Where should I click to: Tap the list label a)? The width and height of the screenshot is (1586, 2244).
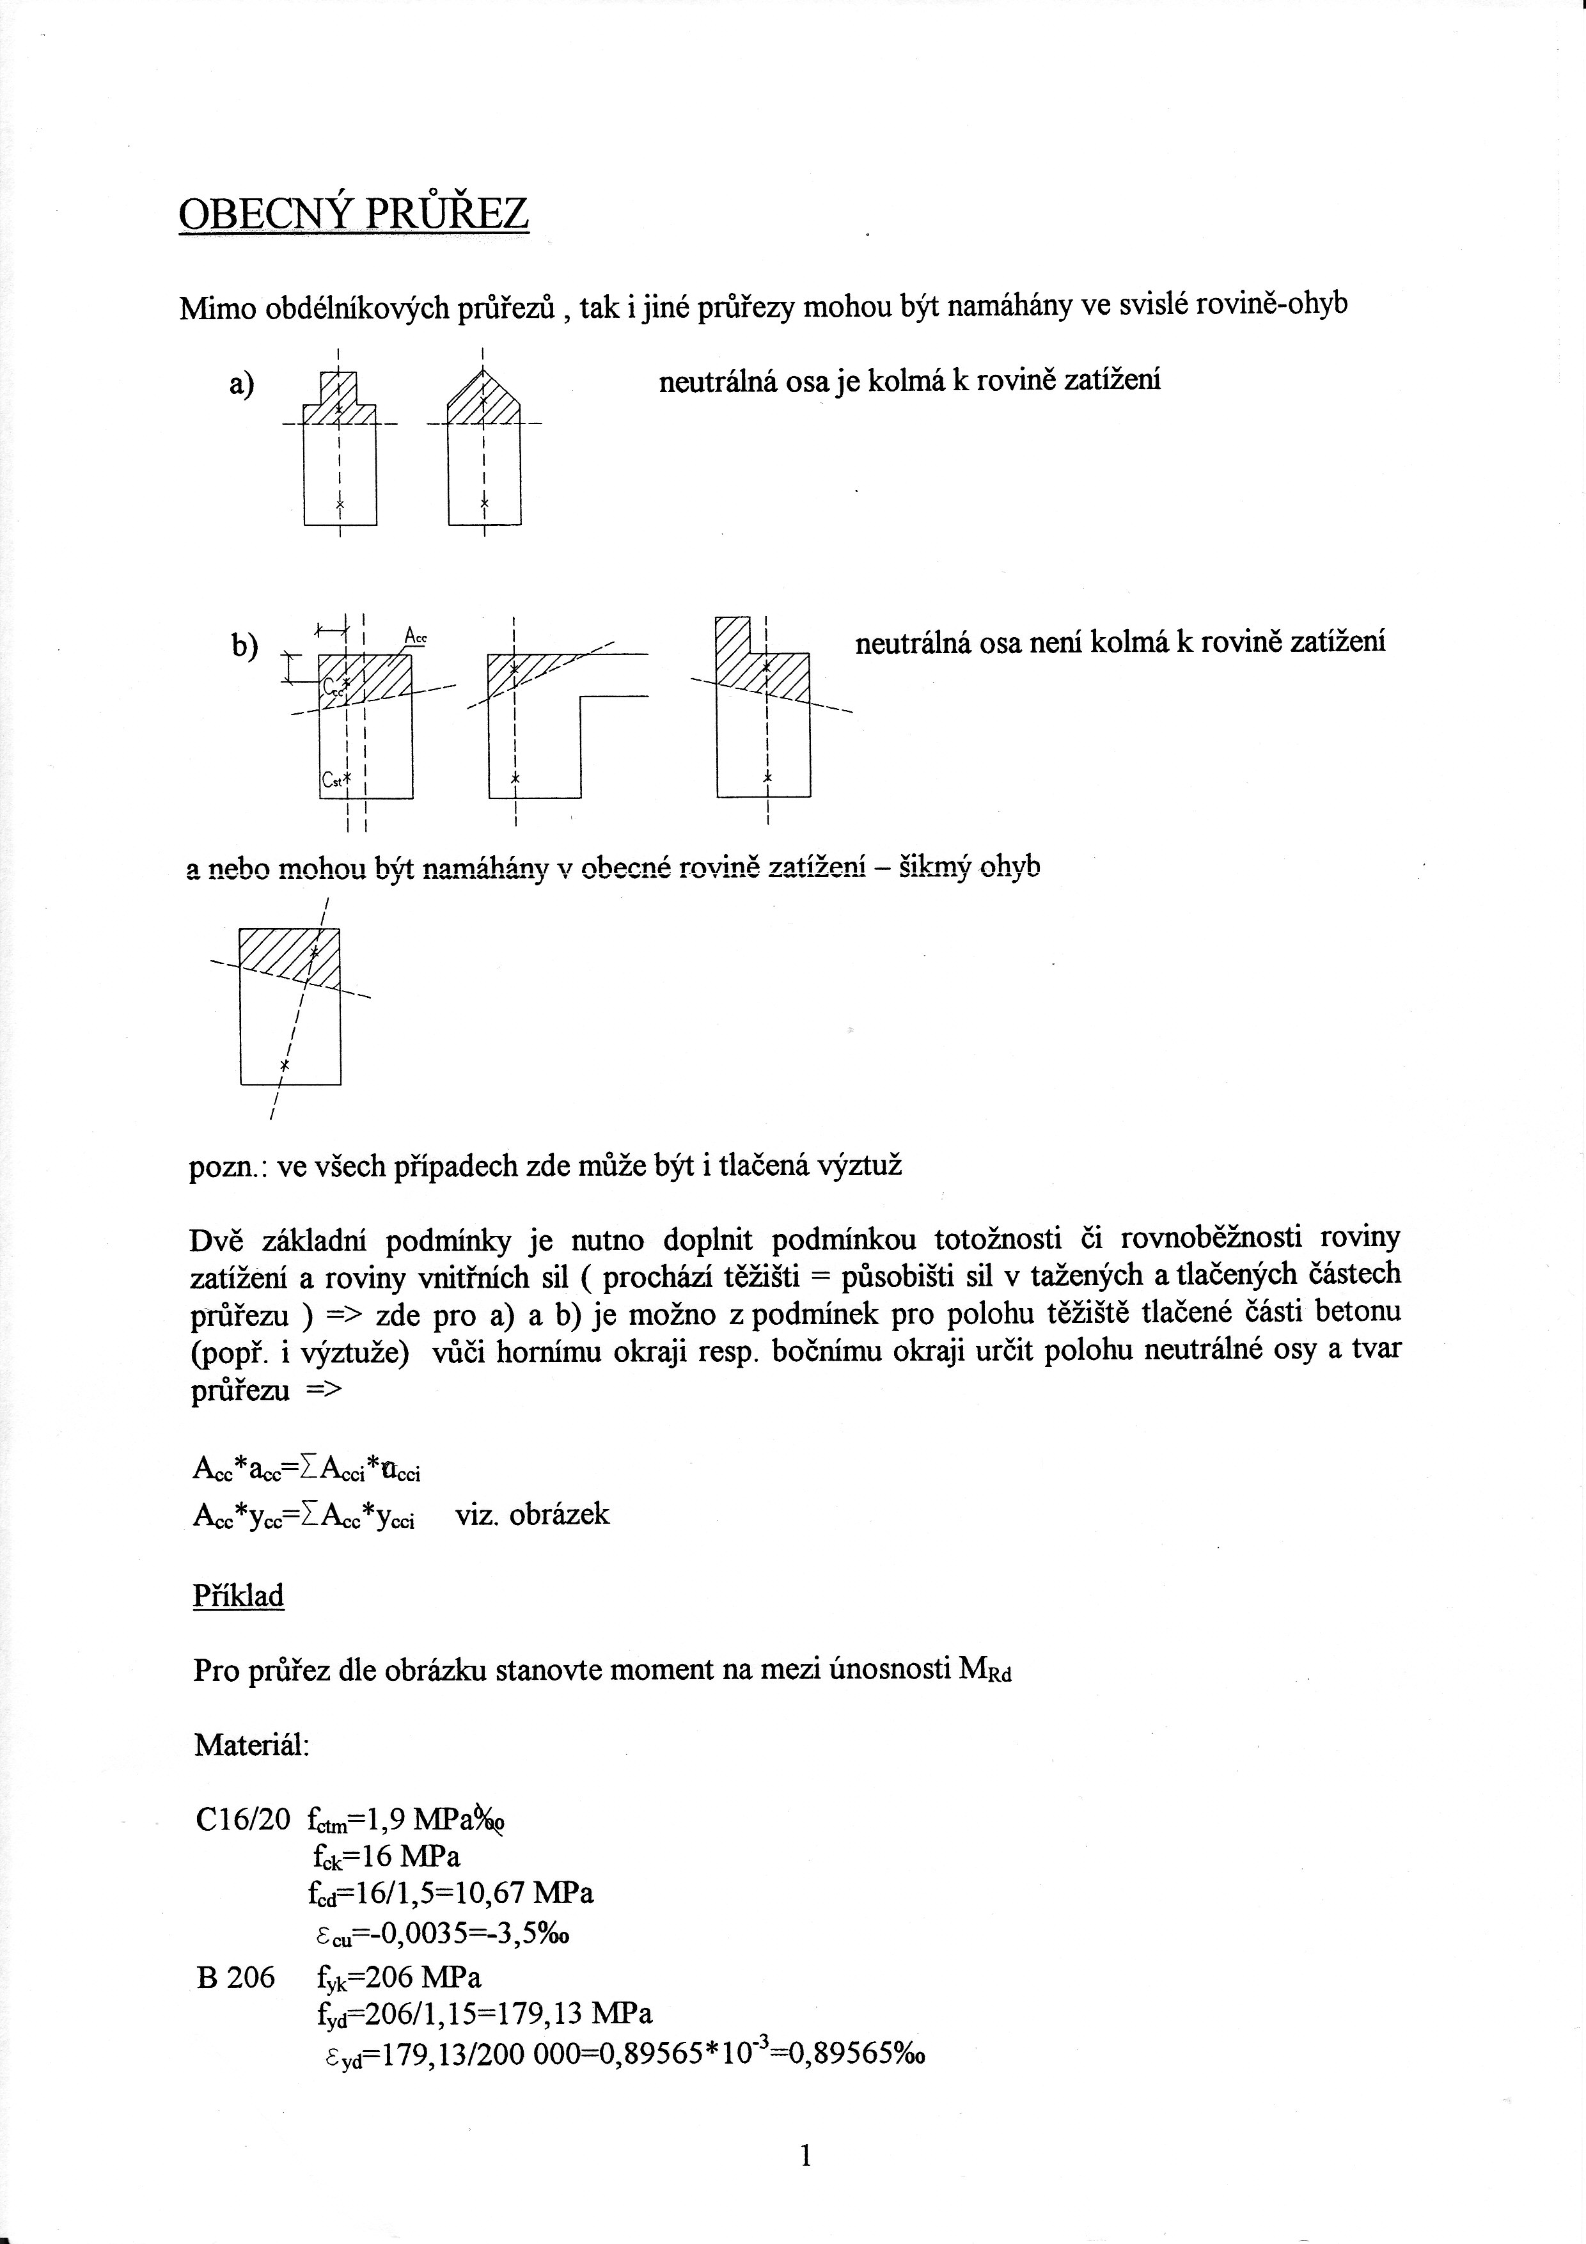tap(241, 384)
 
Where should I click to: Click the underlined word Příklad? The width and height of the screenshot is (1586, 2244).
tap(239, 1596)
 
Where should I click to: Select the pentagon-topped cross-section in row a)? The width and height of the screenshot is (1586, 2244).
tap(483, 450)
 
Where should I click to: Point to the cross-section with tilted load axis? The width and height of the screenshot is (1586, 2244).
tap(290, 1007)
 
